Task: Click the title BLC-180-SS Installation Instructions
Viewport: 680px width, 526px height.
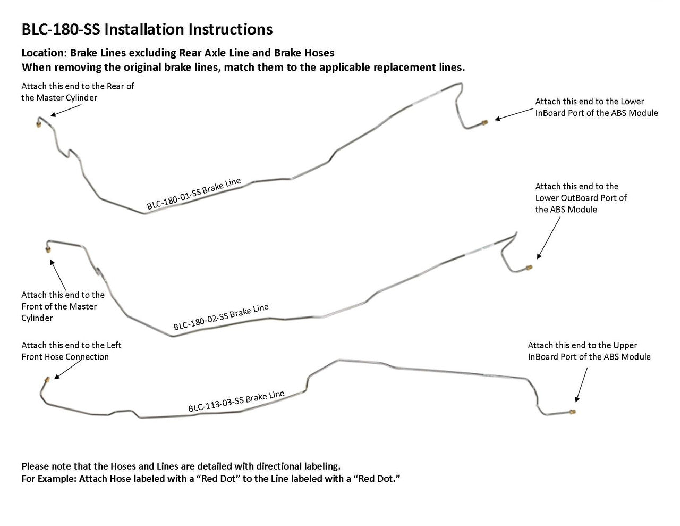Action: tap(147, 29)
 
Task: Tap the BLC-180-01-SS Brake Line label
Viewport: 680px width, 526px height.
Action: tap(194, 193)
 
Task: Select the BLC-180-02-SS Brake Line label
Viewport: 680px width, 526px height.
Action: tap(221, 317)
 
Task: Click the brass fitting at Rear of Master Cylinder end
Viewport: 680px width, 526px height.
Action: tap(38, 124)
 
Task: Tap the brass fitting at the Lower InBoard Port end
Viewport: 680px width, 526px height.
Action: tap(484, 123)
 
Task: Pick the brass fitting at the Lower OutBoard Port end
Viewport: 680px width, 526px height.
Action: tap(529, 268)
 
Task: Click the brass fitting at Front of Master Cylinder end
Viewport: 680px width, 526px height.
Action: tap(48, 249)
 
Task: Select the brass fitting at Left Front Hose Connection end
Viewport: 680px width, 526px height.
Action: tap(47, 380)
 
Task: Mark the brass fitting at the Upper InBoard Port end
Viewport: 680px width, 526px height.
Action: tap(573, 411)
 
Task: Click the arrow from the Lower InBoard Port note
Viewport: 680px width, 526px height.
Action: tap(514, 114)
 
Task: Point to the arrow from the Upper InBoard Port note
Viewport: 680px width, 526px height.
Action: tap(581, 385)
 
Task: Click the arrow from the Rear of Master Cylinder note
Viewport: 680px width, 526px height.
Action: tap(66, 111)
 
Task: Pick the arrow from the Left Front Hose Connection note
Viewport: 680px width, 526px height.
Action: tap(68, 369)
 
